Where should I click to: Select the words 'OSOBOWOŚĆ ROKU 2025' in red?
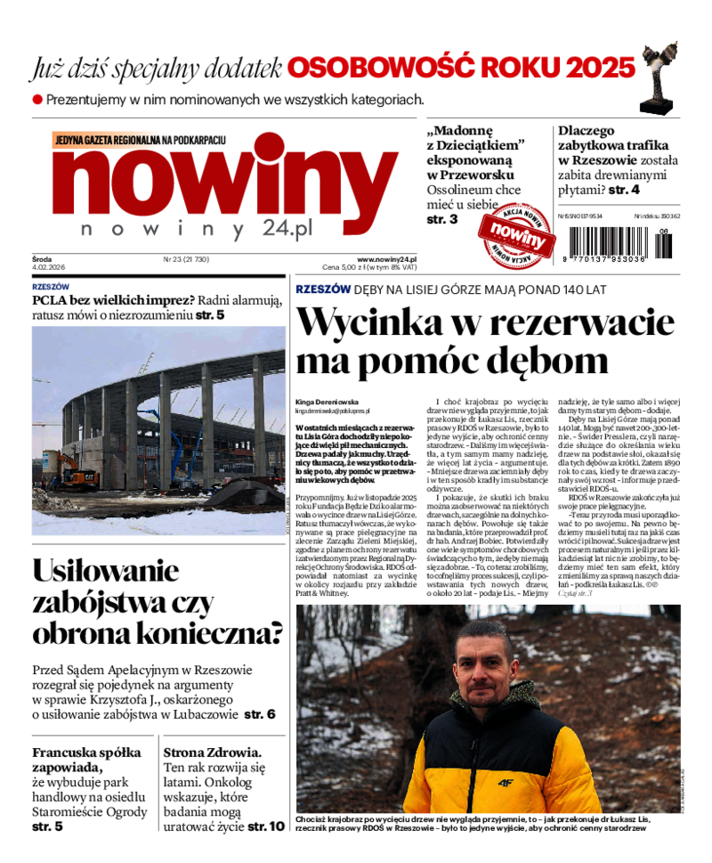(461, 68)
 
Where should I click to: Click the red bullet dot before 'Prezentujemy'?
(37, 101)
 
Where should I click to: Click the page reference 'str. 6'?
(260, 714)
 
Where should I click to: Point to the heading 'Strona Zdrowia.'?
(213, 752)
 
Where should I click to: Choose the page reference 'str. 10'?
(266, 826)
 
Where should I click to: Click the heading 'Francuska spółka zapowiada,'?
(79, 759)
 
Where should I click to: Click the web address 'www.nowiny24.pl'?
(387, 259)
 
